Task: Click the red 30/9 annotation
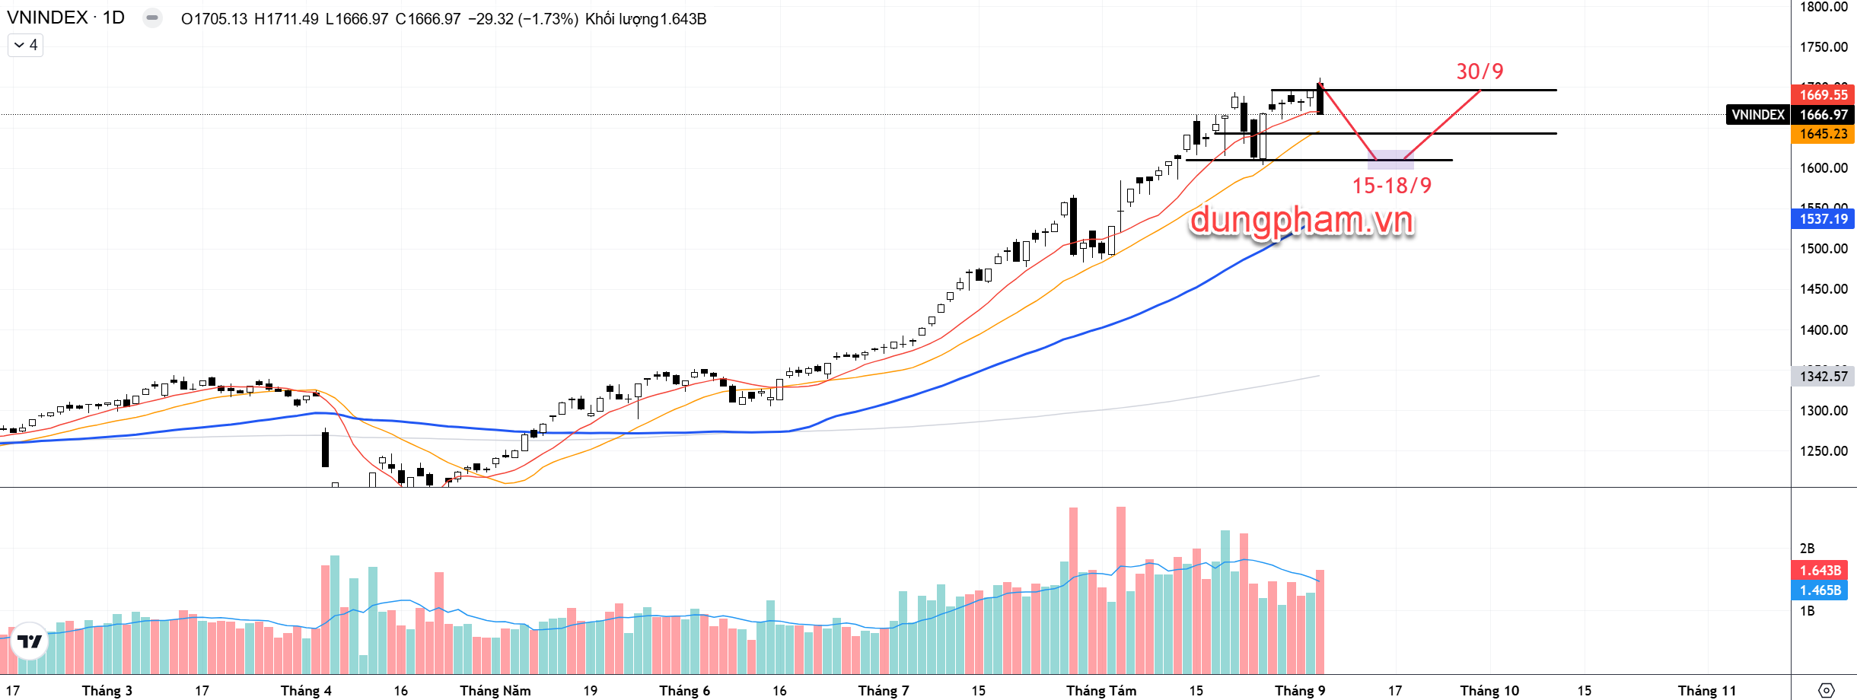point(1480,72)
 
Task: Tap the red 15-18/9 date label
point(1391,186)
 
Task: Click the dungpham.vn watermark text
point(1301,221)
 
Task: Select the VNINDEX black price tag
point(1757,115)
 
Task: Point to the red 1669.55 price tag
point(1824,95)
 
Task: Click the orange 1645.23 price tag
point(1824,134)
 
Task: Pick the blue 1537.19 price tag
point(1824,219)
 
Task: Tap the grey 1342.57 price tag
point(1824,377)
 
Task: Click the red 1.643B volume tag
point(1820,570)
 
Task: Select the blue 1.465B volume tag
point(1820,590)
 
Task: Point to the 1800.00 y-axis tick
point(1824,7)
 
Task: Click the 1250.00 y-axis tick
point(1824,450)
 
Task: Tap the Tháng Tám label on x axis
point(1101,691)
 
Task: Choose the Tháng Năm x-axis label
point(495,691)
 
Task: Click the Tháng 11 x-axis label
point(1707,691)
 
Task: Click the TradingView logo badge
point(30,641)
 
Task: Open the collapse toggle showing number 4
point(25,46)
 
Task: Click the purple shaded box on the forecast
point(1390,159)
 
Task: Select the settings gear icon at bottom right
point(1826,690)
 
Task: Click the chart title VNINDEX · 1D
point(65,18)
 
